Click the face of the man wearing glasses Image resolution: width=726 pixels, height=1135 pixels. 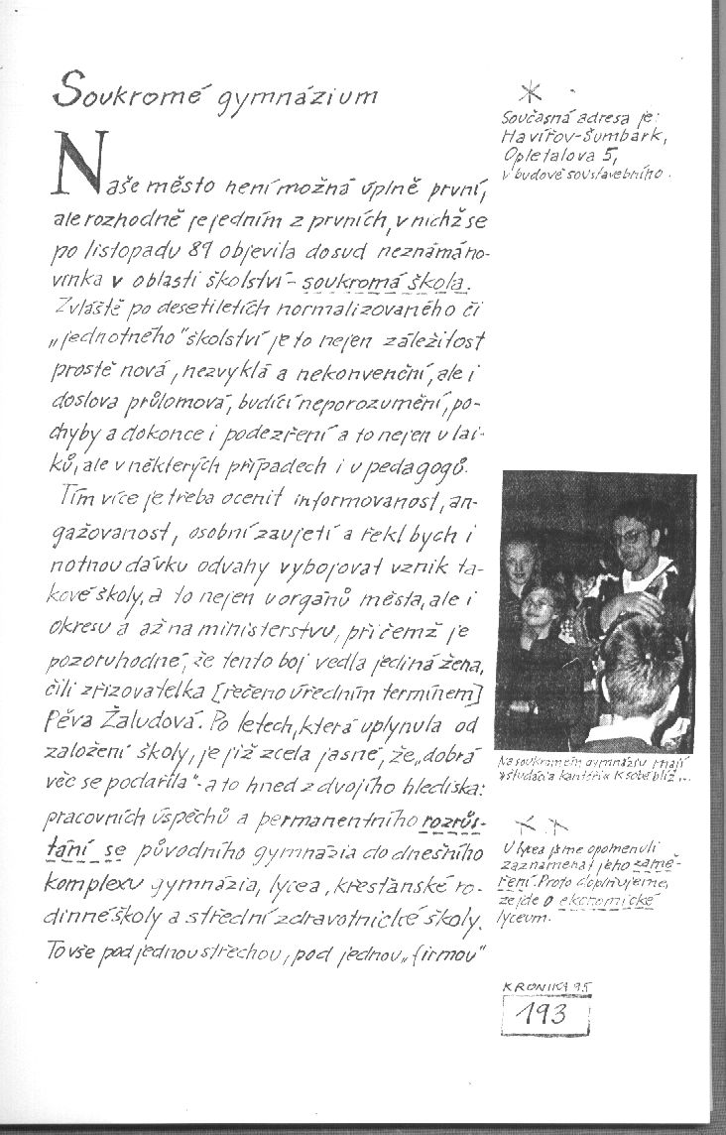(631, 540)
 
